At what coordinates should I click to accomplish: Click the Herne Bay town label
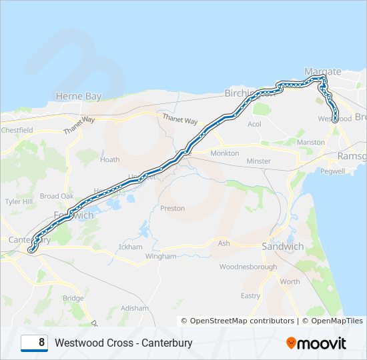click(x=79, y=96)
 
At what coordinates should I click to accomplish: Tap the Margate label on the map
click(x=322, y=71)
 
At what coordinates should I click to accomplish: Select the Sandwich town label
click(x=282, y=246)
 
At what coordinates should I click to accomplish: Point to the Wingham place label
click(x=160, y=256)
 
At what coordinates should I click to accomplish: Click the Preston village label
click(x=172, y=208)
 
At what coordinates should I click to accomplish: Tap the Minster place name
click(x=258, y=161)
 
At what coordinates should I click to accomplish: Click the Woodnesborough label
click(x=248, y=267)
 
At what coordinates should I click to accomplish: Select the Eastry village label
click(x=250, y=295)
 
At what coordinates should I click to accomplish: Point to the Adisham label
click(x=135, y=308)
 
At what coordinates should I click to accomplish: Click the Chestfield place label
click(x=17, y=130)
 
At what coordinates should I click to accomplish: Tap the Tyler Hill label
click(x=19, y=201)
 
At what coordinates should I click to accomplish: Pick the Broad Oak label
click(x=57, y=196)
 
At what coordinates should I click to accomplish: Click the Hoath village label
click(x=109, y=159)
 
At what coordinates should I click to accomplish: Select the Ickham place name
click(x=130, y=247)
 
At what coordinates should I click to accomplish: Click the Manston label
click(x=310, y=143)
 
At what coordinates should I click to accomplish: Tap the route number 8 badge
click(x=34, y=343)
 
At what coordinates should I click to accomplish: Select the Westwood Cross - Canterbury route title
click(x=123, y=343)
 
